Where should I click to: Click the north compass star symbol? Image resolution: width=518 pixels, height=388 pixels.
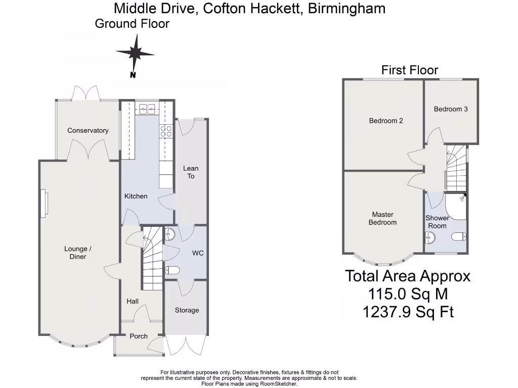(x=135, y=53)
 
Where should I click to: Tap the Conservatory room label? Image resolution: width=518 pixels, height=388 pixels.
(x=88, y=130)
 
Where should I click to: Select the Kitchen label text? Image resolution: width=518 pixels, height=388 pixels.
(x=136, y=196)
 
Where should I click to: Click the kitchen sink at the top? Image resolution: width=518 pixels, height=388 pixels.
(x=147, y=108)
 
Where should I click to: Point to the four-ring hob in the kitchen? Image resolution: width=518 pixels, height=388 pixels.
(x=166, y=131)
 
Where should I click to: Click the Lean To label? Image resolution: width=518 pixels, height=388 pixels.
(x=191, y=172)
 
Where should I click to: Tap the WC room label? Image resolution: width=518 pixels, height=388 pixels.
(x=198, y=253)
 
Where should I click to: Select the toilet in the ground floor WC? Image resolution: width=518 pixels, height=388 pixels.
(x=172, y=270)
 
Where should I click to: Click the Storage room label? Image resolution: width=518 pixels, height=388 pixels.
(x=187, y=310)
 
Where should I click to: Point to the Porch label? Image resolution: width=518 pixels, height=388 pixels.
(x=139, y=336)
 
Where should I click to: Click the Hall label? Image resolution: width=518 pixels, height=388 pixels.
(x=133, y=301)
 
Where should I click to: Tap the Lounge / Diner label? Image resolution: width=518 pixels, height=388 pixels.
(x=78, y=253)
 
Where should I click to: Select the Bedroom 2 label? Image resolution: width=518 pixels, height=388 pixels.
(x=386, y=121)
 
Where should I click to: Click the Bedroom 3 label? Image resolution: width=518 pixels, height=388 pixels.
(x=451, y=109)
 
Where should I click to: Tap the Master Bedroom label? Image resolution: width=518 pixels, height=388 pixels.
(x=382, y=219)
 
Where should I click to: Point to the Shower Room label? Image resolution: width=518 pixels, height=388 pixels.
(x=438, y=222)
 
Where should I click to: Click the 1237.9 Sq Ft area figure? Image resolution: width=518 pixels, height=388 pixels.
(x=408, y=312)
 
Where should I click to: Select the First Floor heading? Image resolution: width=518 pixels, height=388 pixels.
(x=410, y=70)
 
